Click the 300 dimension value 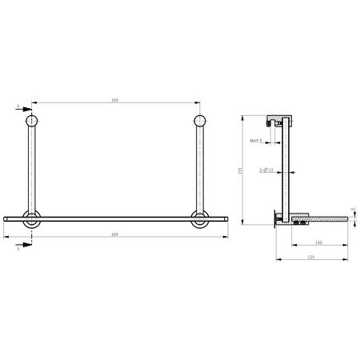pyautogui.click(x=114, y=100)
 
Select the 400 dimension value pyautogui.click(x=114, y=234)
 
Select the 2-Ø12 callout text pyautogui.click(x=266, y=170)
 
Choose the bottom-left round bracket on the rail pyautogui.click(x=31, y=220)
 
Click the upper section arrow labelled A pyautogui.click(x=23, y=109)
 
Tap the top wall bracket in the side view pyautogui.click(x=278, y=120)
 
